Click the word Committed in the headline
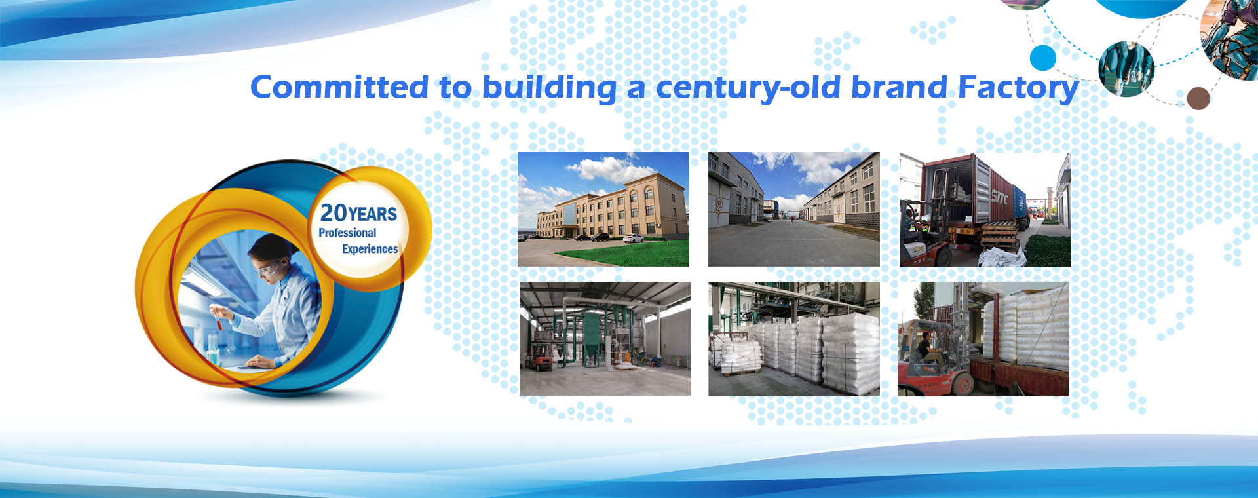click(x=339, y=87)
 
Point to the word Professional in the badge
click(x=347, y=233)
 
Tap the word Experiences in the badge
click(x=370, y=249)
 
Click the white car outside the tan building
click(x=633, y=239)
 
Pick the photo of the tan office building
click(x=603, y=209)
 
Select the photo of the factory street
click(x=794, y=209)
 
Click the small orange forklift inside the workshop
click(x=539, y=358)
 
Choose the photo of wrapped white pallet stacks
click(x=794, y=339)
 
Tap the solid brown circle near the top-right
click(x=1198, y=98)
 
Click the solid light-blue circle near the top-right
click(x=1043, y=58)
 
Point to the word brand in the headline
click(x=899, y=87)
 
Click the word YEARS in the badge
click(x=373, y=214)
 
